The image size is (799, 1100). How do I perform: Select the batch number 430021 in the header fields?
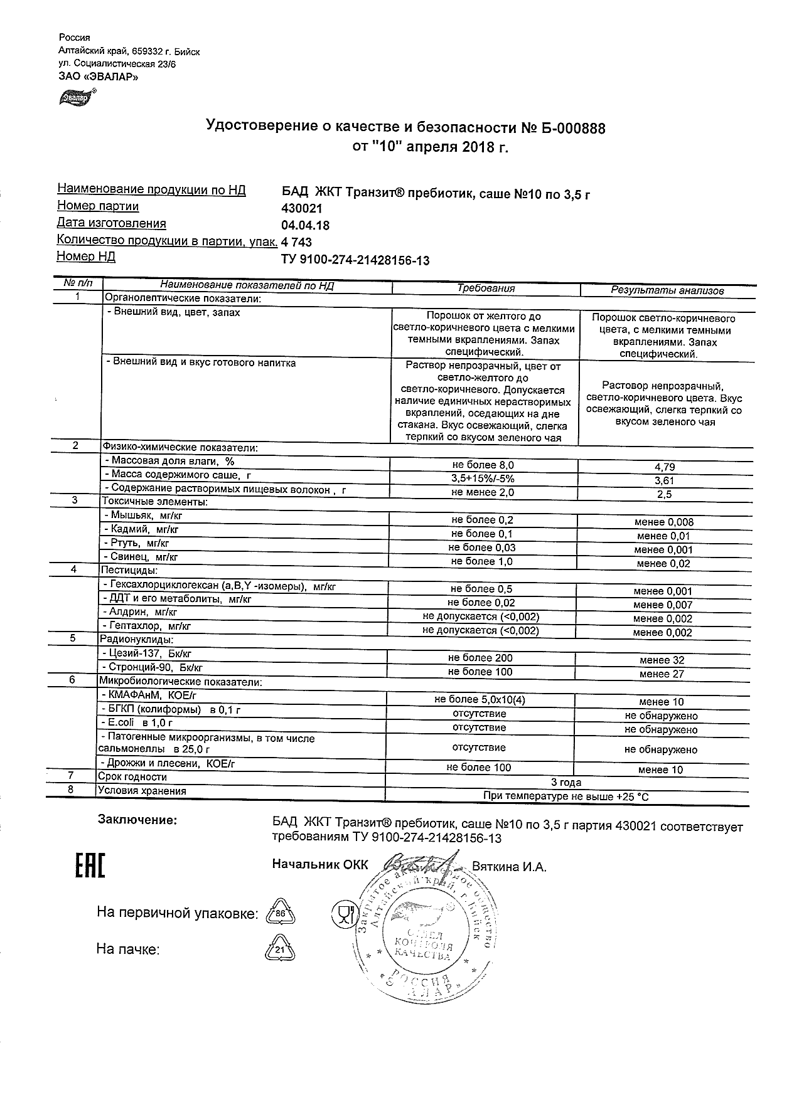point(303,208)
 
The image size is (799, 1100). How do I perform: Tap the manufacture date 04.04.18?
point(306,225)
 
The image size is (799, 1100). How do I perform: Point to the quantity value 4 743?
point(297,243)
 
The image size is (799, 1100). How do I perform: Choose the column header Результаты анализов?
point(667,290)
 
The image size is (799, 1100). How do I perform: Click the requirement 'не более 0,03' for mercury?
point(482,547)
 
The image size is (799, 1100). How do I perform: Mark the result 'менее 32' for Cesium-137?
point(662,660)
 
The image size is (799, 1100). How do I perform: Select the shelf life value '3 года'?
point(566,783)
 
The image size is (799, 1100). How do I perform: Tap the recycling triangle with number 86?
point(281,913)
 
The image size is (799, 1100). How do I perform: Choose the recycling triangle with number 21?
point(281,951)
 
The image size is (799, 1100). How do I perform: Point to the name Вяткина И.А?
point(509,867)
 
